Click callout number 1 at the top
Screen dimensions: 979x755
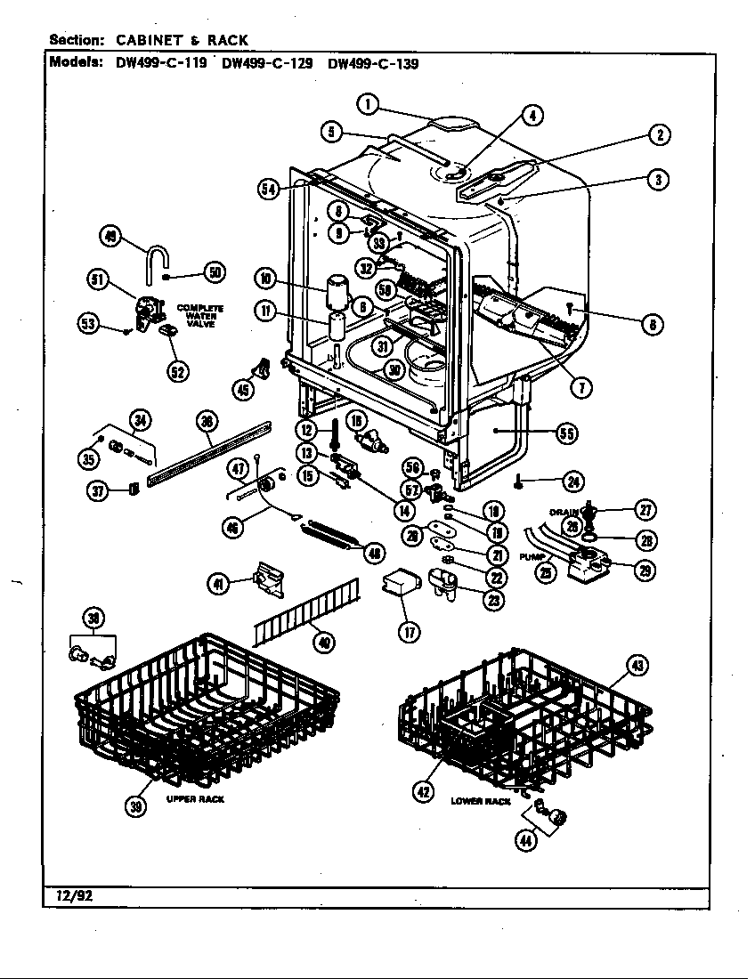pyautogui.click(x=366, y=105)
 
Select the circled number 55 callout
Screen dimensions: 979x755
pyautogui.click(x=565, y=433)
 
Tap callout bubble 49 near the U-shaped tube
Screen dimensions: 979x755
pyautogui.click(x=111, y=236)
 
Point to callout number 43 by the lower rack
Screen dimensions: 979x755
pyautogui.click(x=637, y=665)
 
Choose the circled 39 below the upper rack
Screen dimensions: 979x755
pyautogui.click(x=135, y=806)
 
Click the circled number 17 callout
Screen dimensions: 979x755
pyautogui.click(x=409, y=631)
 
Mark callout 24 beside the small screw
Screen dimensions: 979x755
pyautogui.click(x=572, y=481)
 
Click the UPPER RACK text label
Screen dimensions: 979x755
pyautogui.click(x=195, y=799)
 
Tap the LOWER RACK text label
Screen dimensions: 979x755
pyautogui.click(x=481, y=801)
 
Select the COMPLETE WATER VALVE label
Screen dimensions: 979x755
pyautogui.click(x=199, y=315)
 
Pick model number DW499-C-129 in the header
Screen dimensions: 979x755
pyautogui.click(x=266, y=64)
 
